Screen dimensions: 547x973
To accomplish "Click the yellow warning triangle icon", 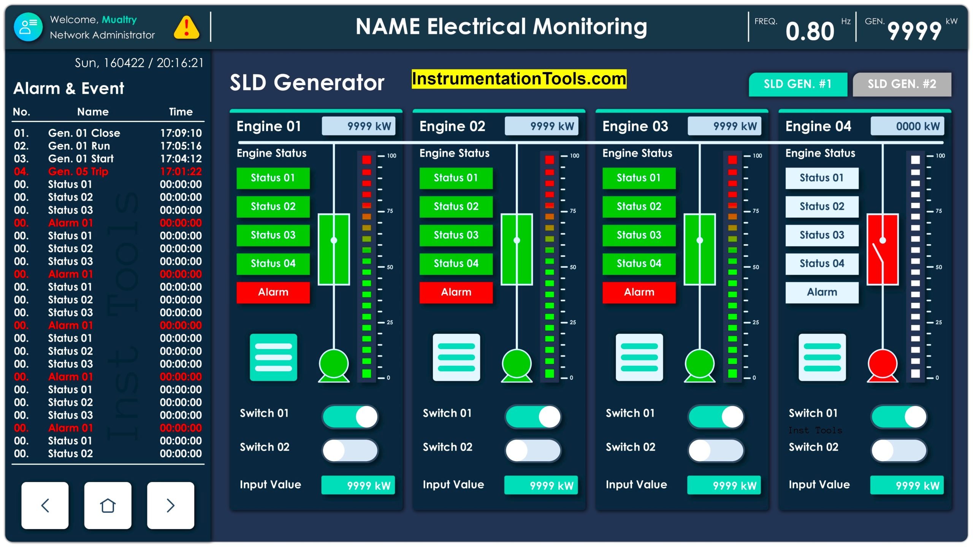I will coord(186,27).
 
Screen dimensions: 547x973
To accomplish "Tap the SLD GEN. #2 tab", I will coord(902,84).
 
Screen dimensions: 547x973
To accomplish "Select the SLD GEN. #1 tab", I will coord(797,84).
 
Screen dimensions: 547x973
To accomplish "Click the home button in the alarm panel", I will coord(108,505).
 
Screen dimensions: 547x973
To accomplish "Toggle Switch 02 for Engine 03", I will coord(716,451).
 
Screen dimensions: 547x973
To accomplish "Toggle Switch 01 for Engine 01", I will coord(350,417).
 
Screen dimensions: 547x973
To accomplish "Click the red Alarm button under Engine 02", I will coord(456,292).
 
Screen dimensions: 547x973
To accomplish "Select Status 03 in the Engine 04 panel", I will coord(822,235).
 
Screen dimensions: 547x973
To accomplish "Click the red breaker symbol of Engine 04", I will coord(882,249).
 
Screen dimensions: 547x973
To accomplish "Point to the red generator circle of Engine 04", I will coord(882,364).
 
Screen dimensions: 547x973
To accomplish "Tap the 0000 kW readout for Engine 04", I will coord(907,126).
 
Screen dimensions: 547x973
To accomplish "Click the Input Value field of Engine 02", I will coord(540,485).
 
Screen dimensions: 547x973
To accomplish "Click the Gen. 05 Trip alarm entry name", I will coord(78,171).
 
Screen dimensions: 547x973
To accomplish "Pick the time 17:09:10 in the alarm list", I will coord(181,133).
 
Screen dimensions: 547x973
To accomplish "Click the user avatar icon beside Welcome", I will coord(28,27).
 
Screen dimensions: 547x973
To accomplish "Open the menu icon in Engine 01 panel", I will coord(273,357).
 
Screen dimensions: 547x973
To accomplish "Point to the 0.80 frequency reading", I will coord(810,31).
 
